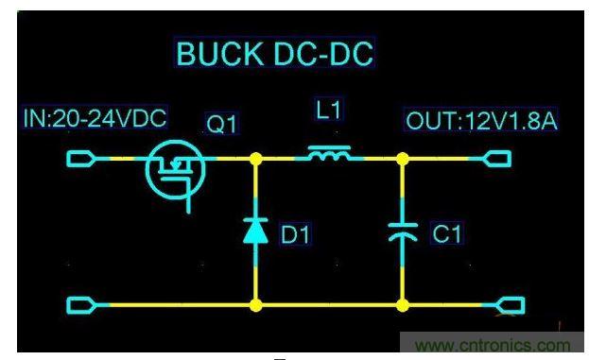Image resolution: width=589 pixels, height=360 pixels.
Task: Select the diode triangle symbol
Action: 256,231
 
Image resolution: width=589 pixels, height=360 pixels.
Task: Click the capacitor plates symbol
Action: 404,232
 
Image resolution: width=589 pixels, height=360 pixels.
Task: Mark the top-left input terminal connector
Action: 81,158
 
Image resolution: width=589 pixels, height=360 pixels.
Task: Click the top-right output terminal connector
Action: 497,158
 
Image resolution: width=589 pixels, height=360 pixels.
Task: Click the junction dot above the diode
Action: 256,158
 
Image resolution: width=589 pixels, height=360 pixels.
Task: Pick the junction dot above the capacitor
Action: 404,158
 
